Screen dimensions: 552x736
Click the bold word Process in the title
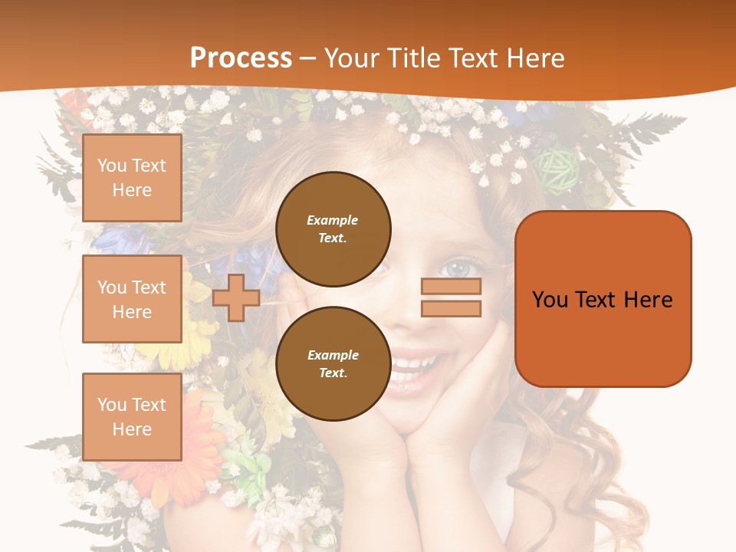click(x=241, y=58)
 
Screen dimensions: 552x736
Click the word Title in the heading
click(x=415, y=58)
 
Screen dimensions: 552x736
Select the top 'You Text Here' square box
click(x=132, y=178)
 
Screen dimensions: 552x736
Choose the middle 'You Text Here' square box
click(x=132, y=299)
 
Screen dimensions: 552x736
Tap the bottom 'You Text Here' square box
click(x=132, y=417)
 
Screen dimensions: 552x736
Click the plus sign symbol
click(x=236, y=297)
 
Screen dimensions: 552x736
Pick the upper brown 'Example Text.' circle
click(x=333, y=228)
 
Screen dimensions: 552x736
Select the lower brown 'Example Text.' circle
click(x=333, y=363)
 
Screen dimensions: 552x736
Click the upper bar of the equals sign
click(x=451, y=287)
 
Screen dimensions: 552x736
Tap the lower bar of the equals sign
click(x=451, y=308)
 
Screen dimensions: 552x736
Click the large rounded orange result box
click(x=603, y=299)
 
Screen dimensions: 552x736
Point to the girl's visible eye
click(x=458, y=268)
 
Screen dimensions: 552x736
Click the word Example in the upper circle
click(x=333, y=220)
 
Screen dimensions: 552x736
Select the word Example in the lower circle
click(x=333, y=355)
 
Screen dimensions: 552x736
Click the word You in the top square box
click(x=112, y=166)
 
